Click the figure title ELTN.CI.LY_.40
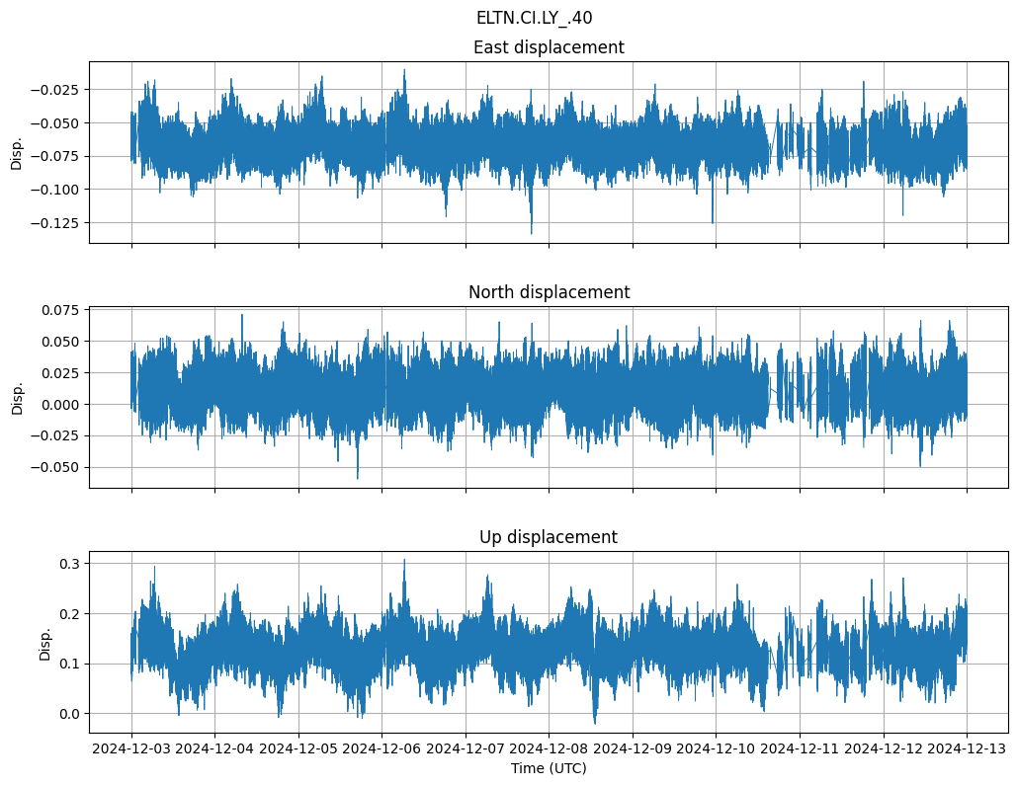534,18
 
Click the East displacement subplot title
549,47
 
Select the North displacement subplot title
549,292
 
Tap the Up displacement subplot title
549,537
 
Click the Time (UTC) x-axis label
549,768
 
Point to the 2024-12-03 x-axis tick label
132,748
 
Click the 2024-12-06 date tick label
382,748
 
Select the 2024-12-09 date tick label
633,748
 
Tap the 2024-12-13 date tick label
967,748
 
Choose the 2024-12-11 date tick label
800,748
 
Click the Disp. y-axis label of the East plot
17,152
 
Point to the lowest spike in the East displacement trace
531,233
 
